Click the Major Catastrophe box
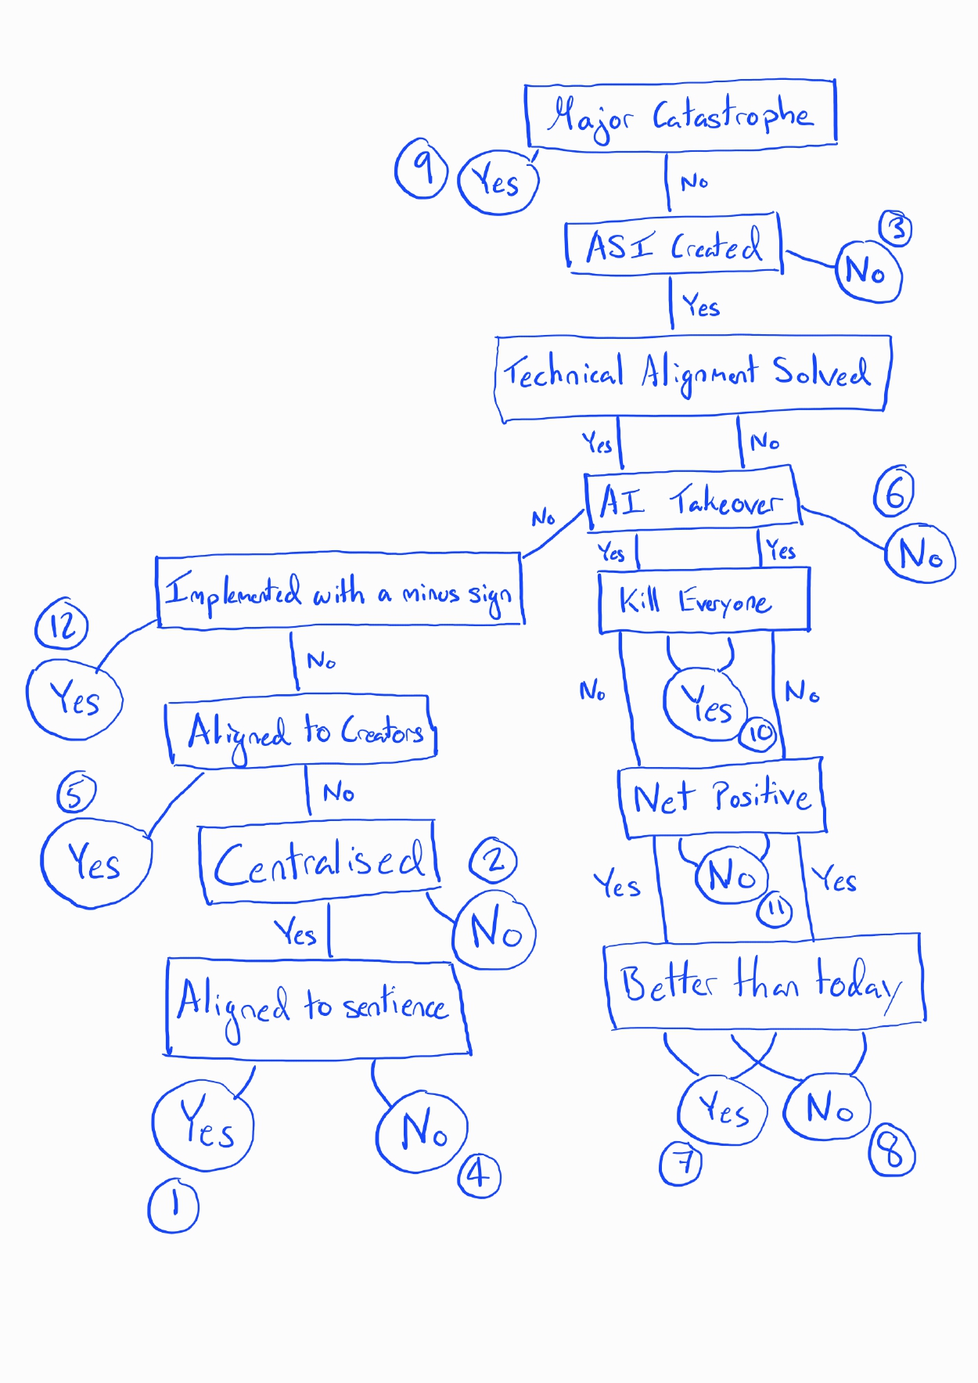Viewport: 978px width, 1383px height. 681,114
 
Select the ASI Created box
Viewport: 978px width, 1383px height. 674,245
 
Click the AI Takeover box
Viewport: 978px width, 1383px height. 692,499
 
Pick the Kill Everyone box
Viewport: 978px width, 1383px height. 703,601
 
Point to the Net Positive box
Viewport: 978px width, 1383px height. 721,797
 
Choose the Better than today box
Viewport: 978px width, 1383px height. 764,982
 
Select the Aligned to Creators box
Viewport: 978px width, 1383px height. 302,729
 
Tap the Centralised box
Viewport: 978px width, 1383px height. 319,862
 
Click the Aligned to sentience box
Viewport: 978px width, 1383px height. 316,1007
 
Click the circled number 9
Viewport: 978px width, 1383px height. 421,167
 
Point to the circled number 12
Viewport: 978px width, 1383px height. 62,625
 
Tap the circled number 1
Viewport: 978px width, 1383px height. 173,1205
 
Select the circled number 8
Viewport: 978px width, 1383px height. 891,1151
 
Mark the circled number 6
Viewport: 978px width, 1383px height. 894,492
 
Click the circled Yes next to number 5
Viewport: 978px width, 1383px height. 95,863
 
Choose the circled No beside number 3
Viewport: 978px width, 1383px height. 868,271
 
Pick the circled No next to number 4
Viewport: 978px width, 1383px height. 422,1131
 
